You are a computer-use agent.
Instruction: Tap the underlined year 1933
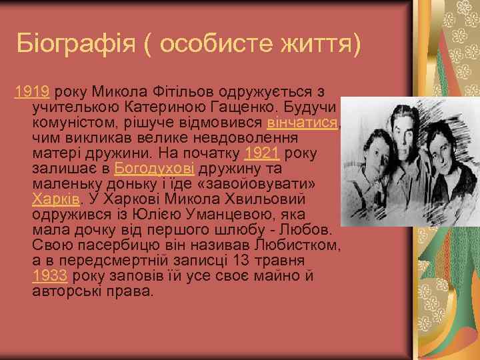point(49,276)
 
